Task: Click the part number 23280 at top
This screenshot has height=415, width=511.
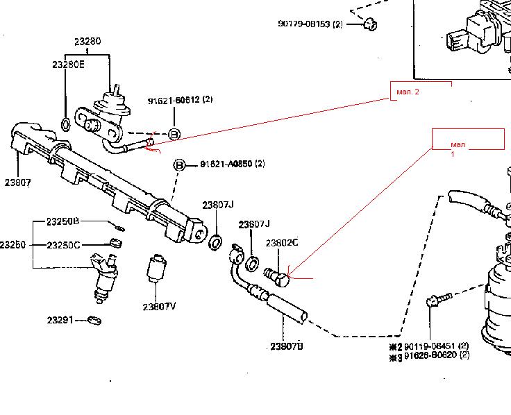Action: [x=87, y=41]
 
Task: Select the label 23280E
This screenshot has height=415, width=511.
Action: [x=68, y=65]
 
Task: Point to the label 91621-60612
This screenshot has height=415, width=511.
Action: [x=174, y=101]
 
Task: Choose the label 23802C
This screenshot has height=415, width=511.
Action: [x=282, y=243]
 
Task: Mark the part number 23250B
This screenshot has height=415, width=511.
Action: [x=63, y=221]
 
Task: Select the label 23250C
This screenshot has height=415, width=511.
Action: [x=63, y=245]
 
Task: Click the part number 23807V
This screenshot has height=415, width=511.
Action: [x=159, y=306]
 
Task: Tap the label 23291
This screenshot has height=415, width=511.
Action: [x=61, y=320]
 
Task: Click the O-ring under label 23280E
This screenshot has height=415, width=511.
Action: [x=65, y=125]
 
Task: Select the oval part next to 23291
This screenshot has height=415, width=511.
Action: [x=94, y=321]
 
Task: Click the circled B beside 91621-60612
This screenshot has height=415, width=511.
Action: [x=174, y=134]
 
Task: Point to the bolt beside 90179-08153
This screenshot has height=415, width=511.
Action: [x=369, y=25]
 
